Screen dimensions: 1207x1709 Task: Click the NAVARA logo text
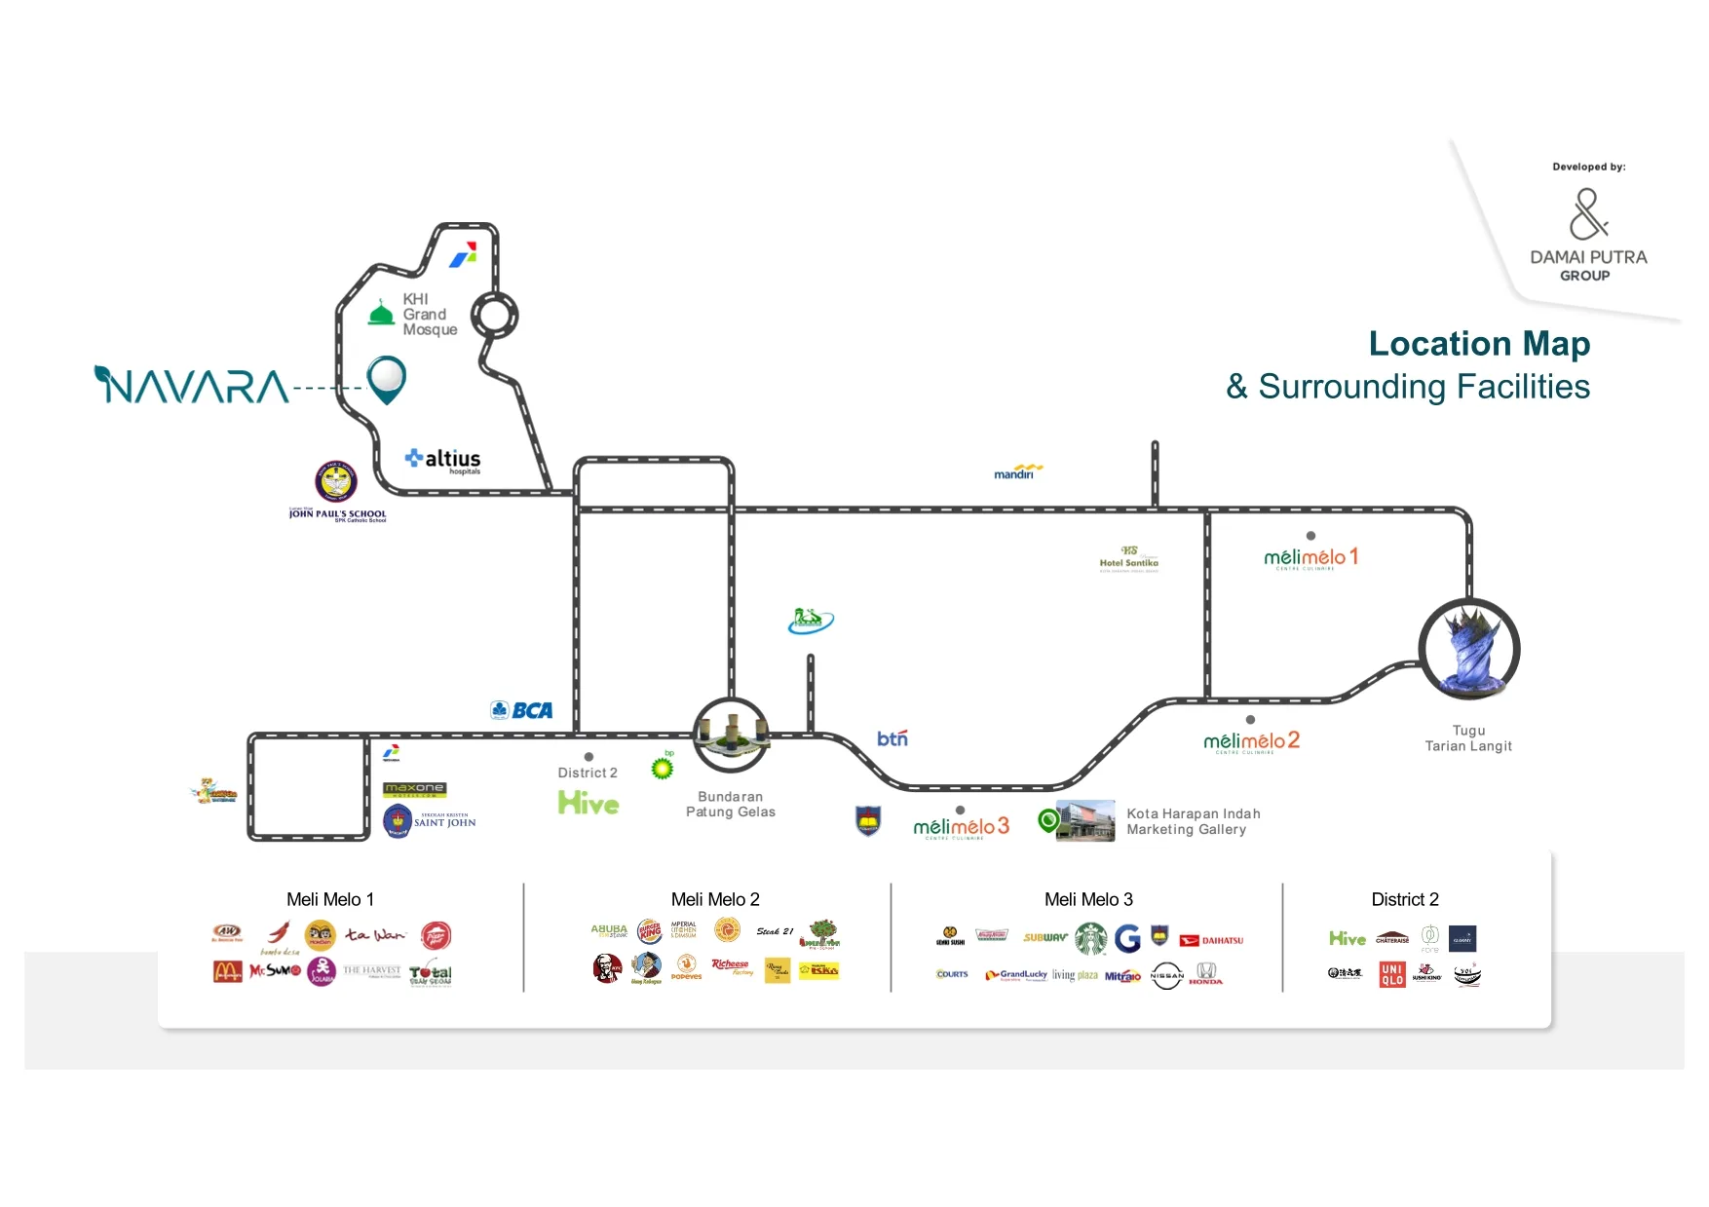(192, 386)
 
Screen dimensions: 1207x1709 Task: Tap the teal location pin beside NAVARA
(386, 378)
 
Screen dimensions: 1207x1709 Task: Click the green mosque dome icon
(381, 313)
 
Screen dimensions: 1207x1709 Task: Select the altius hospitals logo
(443, 460)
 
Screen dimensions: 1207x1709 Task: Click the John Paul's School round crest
(336, 481)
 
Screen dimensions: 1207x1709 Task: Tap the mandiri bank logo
(1017, 472)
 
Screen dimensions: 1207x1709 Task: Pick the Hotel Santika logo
(1128, 558)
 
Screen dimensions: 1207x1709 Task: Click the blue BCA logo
(522, 710)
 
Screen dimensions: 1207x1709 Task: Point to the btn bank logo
(892, 738)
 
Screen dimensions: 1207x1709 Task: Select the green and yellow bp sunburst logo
(663, 768)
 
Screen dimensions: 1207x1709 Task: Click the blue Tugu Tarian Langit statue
(1469, 649)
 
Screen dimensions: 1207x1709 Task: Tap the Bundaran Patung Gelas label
(730, 805)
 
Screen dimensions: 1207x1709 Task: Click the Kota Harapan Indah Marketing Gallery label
(1192, 821)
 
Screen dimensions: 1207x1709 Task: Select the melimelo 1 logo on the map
(1310, 557)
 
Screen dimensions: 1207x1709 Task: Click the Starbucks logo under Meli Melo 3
(1090, 938)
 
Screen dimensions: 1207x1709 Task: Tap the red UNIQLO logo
(1391, 974)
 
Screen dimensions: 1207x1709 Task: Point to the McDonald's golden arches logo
(227, 971)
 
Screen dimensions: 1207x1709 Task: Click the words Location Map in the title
(1478, 344)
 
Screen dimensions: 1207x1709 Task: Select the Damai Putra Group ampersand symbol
(1587, 214)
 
